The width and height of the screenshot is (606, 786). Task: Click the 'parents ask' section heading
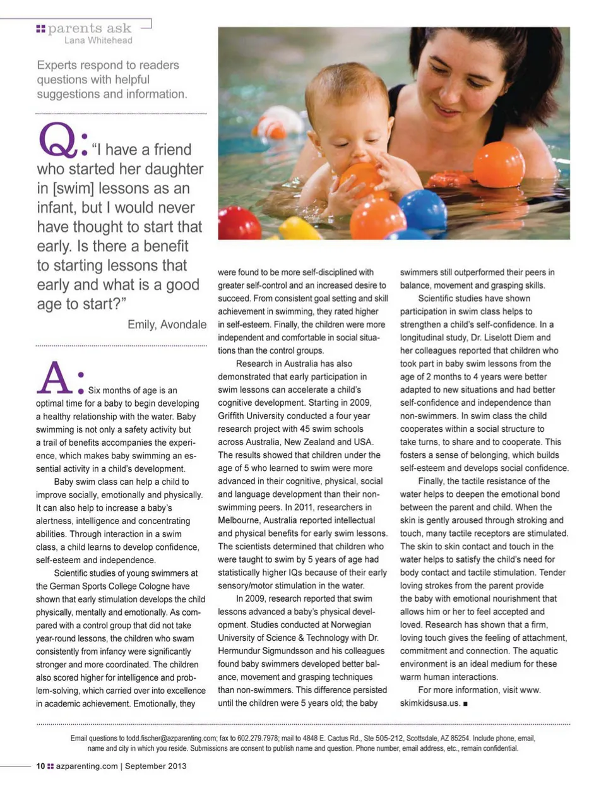(x=89, y=28)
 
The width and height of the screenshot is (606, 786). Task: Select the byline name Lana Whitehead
(x=98, y=40)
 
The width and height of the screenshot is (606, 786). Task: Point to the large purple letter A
(x=55, y=378)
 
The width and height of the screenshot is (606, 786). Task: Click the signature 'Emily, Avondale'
(x=167, y=325)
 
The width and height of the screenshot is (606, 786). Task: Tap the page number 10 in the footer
(x=40, y=766)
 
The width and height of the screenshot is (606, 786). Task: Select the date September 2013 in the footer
(x=155, y=766)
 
